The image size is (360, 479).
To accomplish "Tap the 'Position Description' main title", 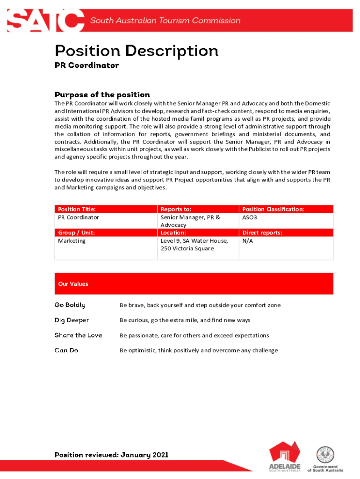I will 137,51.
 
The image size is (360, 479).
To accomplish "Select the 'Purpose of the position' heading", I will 102,94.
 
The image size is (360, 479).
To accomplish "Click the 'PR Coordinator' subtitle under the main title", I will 86,65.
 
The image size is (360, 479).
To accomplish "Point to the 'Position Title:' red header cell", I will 78,209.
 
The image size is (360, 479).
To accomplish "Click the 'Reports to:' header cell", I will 176,209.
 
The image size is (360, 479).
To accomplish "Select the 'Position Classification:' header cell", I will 273,209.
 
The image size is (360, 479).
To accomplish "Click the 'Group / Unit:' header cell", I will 77,232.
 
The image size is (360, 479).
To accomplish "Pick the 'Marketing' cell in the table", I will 72,241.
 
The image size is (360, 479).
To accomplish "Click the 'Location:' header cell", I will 173,232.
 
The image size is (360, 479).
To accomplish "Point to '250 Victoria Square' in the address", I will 187,248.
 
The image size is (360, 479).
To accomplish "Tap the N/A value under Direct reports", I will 247,241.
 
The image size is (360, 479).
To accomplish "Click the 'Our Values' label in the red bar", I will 73,284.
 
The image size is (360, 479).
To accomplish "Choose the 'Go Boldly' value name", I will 70,305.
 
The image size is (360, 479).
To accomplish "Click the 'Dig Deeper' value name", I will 72,320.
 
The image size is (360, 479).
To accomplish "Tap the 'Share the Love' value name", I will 78,335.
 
